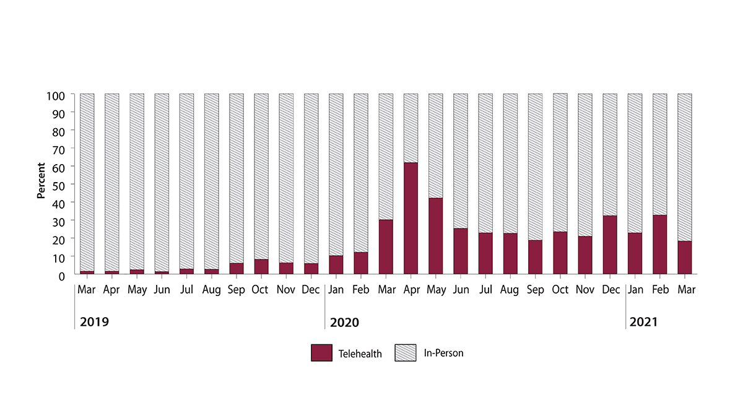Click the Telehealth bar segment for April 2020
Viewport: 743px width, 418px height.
point(411,218)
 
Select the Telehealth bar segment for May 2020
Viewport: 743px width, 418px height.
point(435,236)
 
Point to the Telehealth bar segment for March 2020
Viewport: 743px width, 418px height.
point(386,246)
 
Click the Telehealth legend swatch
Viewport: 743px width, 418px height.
point(322,353)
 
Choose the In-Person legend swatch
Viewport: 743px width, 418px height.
point(406,353)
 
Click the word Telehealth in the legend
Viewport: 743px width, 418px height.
point(360,354)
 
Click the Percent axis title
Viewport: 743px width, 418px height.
point(41,180)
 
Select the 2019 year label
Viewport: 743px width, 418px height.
point(95,323)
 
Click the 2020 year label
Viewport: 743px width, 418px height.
point(345,323)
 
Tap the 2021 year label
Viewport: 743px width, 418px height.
point(644,323)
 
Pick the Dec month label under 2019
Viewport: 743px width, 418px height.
point(311,290)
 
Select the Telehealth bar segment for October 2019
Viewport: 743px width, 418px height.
point(261,266)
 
